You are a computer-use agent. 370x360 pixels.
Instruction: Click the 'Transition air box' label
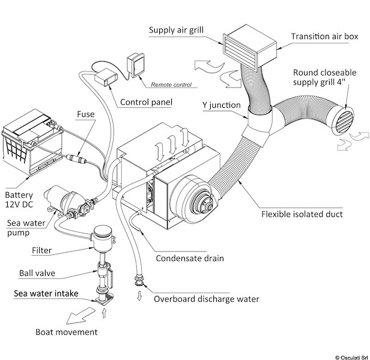(324, 37)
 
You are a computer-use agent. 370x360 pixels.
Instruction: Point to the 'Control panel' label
(147, 102)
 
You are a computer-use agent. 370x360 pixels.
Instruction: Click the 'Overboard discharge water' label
(206, 299)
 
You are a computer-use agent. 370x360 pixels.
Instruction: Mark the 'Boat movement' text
(66, 331)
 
